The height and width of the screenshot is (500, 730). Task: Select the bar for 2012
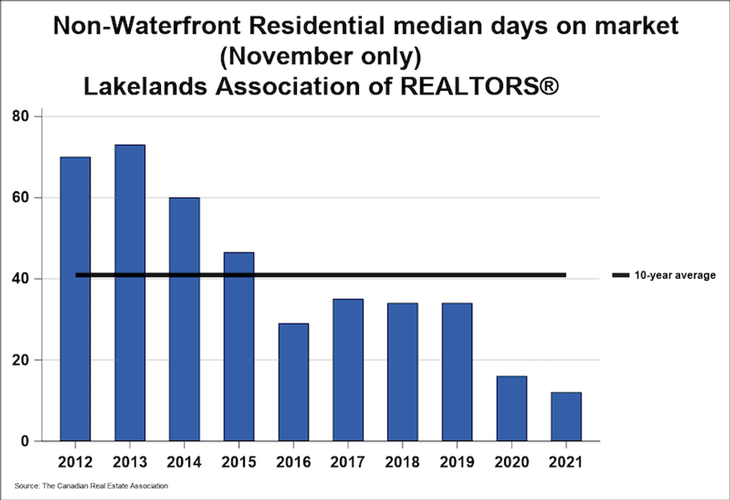tap(75, 298)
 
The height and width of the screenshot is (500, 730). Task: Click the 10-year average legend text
tap(676, 276)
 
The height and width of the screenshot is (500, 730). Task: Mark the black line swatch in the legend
tap(620, 276)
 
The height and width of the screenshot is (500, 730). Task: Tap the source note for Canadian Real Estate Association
tap(91, 486)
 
